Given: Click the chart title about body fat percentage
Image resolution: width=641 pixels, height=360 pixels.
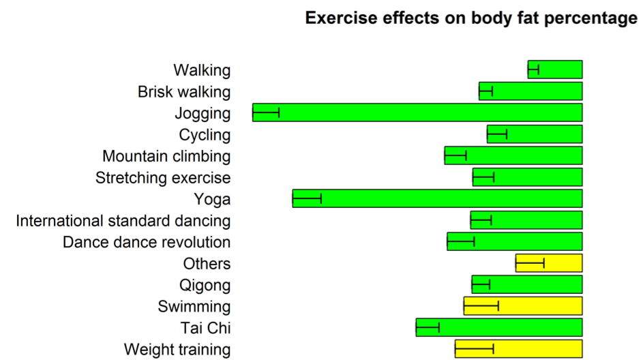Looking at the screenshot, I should (x=471, y=18).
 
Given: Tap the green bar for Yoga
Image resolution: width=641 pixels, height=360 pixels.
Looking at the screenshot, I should (x=450, y=198).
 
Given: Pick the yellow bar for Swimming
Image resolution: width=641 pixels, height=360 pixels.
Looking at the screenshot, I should (x=539, y=306).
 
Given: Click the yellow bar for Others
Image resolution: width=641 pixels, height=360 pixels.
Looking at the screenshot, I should (x=563, y=263).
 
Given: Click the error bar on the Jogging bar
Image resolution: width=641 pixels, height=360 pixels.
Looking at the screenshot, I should (x=266, y=112).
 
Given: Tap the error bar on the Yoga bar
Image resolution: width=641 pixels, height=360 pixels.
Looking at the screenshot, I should (x=307, y=198).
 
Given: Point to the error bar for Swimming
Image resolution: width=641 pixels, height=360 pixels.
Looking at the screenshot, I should (x=481, y=306).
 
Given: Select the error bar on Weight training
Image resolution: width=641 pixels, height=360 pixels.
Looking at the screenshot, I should (x=475, y=349).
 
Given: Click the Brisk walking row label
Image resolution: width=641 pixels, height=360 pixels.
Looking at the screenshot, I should (x=184, y=91).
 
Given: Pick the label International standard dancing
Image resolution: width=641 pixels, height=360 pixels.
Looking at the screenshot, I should (x=123, y=220).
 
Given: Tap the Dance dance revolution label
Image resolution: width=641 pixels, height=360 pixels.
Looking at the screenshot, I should (x=147, y=242).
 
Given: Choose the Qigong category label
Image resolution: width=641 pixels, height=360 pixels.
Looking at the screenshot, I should (x=205, y=285).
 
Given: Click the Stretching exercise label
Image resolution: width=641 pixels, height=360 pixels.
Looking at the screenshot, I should (x=163, y=178).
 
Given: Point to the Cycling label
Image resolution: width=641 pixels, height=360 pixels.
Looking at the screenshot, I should (x=205, y=134).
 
